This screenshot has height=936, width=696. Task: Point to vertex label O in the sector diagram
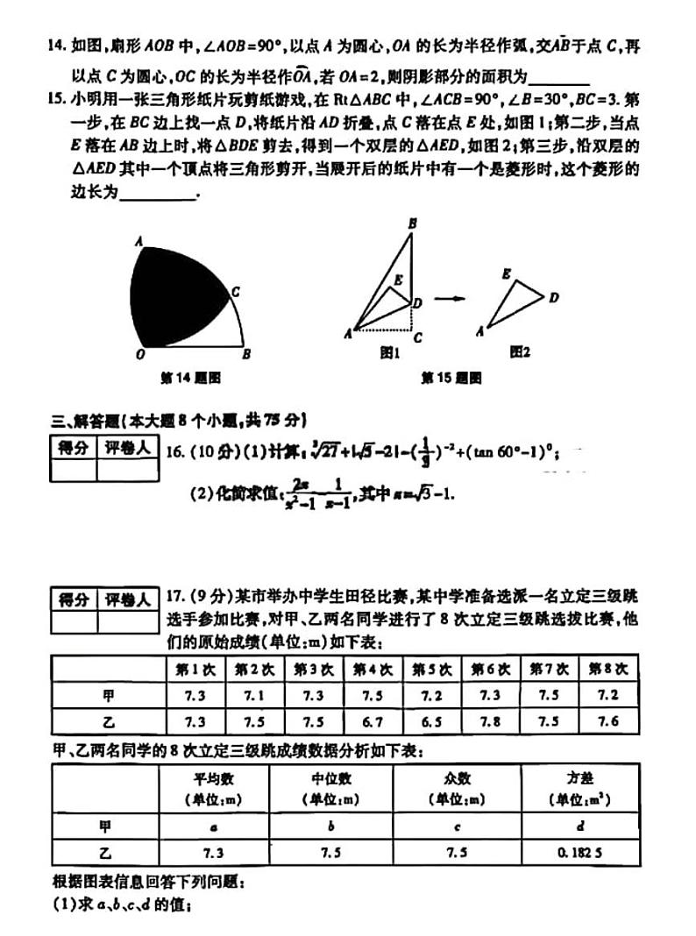(140, 355)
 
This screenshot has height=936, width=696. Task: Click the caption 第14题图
(189, 378)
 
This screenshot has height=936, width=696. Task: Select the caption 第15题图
(451, 378)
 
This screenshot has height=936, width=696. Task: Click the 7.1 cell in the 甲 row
(254, 695)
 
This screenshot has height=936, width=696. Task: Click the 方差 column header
(579, 778)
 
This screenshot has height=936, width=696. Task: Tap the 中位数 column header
(331, 778)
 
